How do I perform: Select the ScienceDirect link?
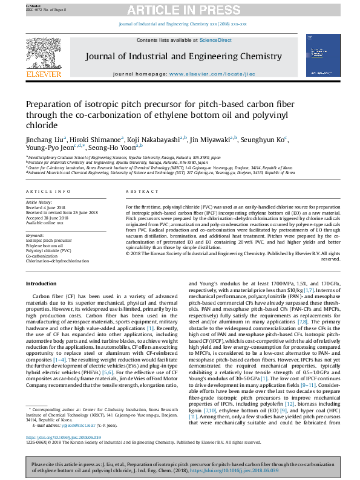[x=216, y=40]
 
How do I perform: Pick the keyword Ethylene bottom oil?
[x=44, y=247]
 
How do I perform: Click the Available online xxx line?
[x=44, y=222]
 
